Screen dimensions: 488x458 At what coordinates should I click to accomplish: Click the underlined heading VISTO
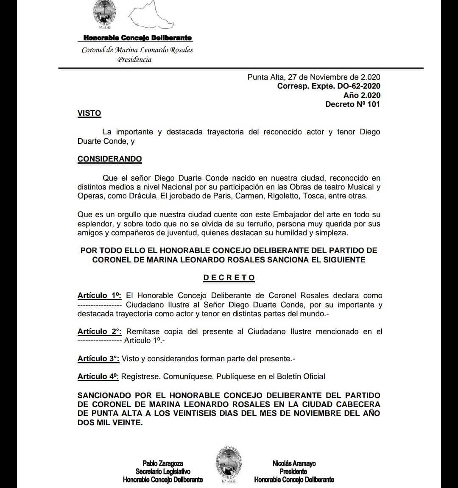[89, 113]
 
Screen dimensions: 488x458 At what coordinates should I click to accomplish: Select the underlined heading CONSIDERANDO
[109, 159]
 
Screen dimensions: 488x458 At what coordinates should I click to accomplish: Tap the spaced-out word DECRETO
[229, 278]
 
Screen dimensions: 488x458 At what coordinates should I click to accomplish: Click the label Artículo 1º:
[99, 296]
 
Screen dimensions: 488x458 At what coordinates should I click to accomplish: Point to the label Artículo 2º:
[99, 332]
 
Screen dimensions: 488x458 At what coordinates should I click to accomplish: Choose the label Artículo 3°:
[98, 359]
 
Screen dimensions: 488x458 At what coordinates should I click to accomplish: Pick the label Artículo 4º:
[98, 376]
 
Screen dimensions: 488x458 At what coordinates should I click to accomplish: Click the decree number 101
[374, 104]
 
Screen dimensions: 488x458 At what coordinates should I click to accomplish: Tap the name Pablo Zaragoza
[163, 464]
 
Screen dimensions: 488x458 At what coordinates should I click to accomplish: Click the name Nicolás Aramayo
[294, 464]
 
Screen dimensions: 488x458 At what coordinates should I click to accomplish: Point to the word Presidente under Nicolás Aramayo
[293, 471]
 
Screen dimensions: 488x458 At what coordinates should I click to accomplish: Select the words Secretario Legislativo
[163, 471]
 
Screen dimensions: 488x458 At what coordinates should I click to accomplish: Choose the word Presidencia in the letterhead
[134, 59]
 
